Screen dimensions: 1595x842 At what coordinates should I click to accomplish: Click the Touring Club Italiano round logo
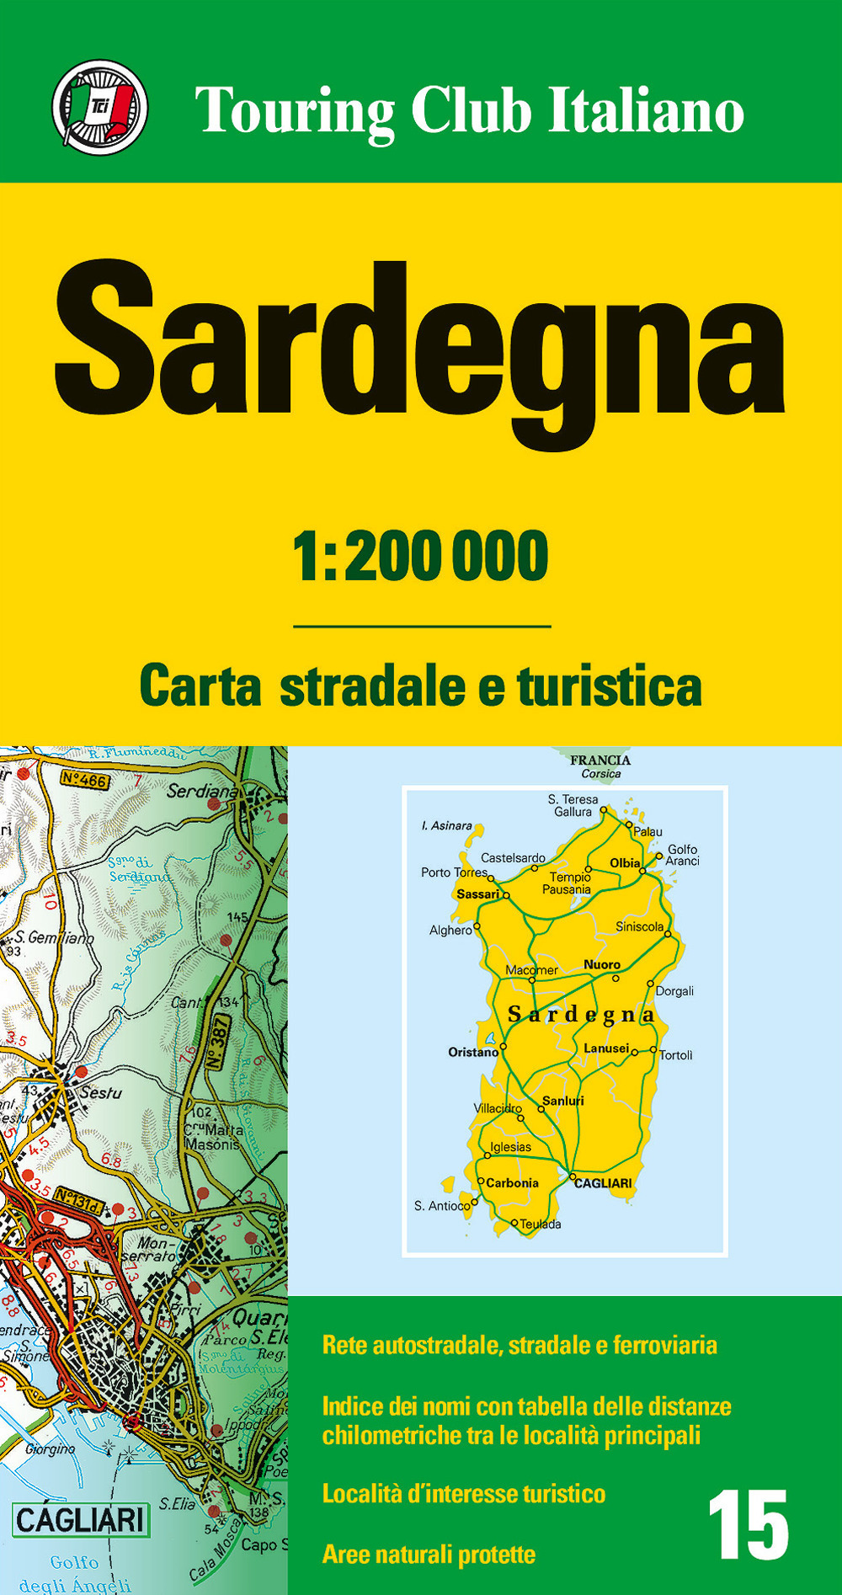tap(99, 108)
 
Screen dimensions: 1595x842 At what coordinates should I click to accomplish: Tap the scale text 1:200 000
tap(420, 557)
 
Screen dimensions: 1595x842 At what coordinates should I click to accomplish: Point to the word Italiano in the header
tap(646, 110)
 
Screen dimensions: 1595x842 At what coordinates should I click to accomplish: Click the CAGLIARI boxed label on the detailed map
tap(80, 1520)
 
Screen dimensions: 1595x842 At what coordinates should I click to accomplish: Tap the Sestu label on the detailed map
tap(100, 1093)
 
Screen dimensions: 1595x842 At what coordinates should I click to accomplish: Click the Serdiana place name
tap(202, 792)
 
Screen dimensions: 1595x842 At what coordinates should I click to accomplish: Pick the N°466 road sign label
tap(84, 781)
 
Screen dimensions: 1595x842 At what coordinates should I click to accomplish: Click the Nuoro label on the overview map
tap(601, 964)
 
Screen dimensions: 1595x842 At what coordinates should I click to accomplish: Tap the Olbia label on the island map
tap(625, 862)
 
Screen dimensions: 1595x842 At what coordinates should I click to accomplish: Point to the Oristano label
tap(472, 1052)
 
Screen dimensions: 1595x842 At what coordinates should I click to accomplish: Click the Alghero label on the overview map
tap(450, 931)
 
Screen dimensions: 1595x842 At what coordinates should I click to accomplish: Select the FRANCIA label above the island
tap(600, 760)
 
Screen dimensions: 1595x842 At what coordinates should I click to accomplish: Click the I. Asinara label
tap(446, 826)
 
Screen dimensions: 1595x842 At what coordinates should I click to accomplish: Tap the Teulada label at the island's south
tap(541, 1224)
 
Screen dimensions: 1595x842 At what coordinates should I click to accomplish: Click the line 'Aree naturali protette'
tap(429, 1554)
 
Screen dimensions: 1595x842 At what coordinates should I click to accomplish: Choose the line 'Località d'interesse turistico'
tap(464, 1493)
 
